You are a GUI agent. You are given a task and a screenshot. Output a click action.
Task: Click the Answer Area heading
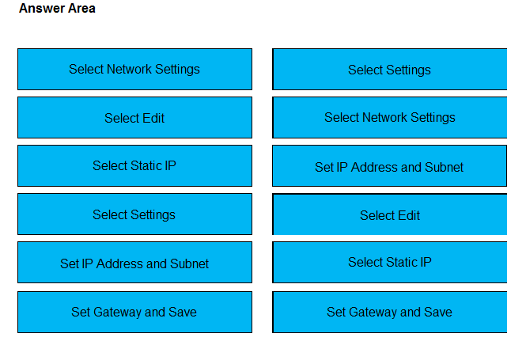(57, 9)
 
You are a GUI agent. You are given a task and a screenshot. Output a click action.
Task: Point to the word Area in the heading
(81, 9)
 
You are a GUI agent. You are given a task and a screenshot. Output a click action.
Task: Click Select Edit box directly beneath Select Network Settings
(134, 117)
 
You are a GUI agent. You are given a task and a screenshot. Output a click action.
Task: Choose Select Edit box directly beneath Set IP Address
(389, 214)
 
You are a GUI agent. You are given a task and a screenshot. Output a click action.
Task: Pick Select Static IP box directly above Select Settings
(134, 165)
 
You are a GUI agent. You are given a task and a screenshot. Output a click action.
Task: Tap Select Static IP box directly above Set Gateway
(389, 263)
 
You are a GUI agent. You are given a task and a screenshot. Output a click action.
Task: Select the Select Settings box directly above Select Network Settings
(389, 69)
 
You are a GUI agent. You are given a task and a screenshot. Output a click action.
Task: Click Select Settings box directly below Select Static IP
(134, 214)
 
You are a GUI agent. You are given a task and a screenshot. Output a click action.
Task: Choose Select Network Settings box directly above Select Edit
(134, 69)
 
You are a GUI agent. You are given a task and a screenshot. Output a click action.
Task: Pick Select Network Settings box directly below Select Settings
(389, 117)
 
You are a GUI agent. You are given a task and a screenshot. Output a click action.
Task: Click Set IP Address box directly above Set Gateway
(134, 263)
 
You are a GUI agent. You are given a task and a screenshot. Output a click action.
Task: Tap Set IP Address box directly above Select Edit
(389, 165)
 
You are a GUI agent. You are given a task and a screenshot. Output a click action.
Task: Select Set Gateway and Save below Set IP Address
(134, 312)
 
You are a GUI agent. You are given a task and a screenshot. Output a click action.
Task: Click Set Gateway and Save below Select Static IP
(389, 312)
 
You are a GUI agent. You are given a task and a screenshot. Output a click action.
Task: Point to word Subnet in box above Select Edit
(444, 167)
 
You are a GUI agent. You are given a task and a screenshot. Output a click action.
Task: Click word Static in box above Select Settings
(146, 165)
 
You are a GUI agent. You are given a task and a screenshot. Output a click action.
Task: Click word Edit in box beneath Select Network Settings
(153, 118)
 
